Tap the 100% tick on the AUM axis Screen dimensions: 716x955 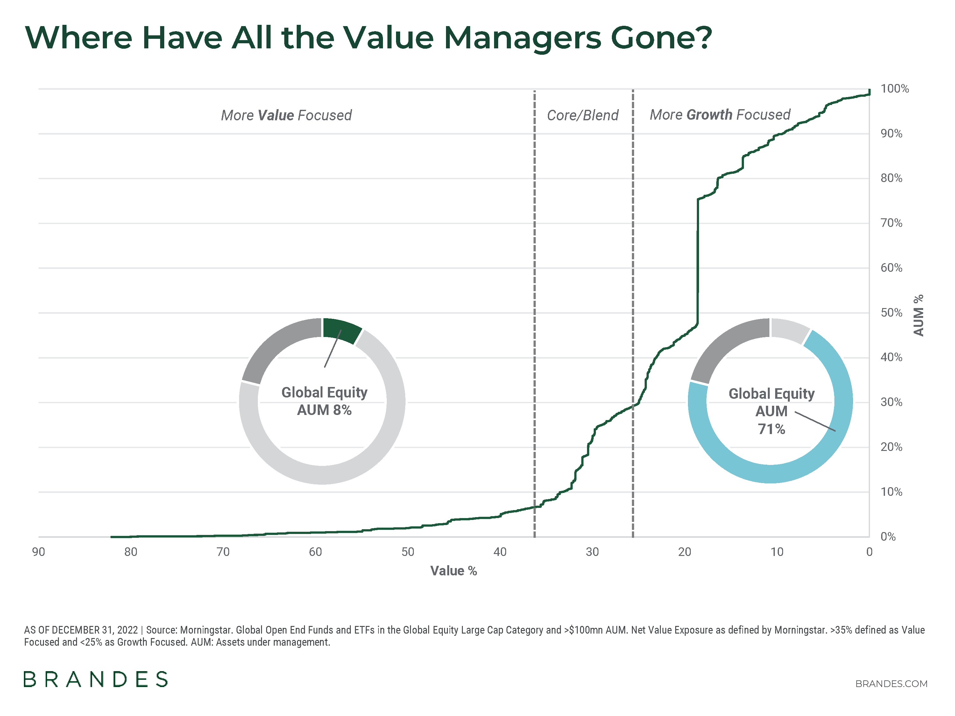(895, 89)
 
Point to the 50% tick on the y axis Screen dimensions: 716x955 (891, 312)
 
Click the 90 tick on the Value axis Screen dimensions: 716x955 (39, 552)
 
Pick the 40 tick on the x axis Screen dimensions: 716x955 (500, 552)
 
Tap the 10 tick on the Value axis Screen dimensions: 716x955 (777, 552)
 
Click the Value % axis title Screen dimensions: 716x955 (453, 571)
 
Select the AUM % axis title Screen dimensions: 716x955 (918, 315)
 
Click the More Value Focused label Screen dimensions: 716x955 (286, 115)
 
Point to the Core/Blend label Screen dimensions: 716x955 (583, 115)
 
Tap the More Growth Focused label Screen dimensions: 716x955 (720, 115)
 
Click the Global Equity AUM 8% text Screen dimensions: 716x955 (324, 401)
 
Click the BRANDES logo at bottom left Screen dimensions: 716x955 (95, 679)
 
